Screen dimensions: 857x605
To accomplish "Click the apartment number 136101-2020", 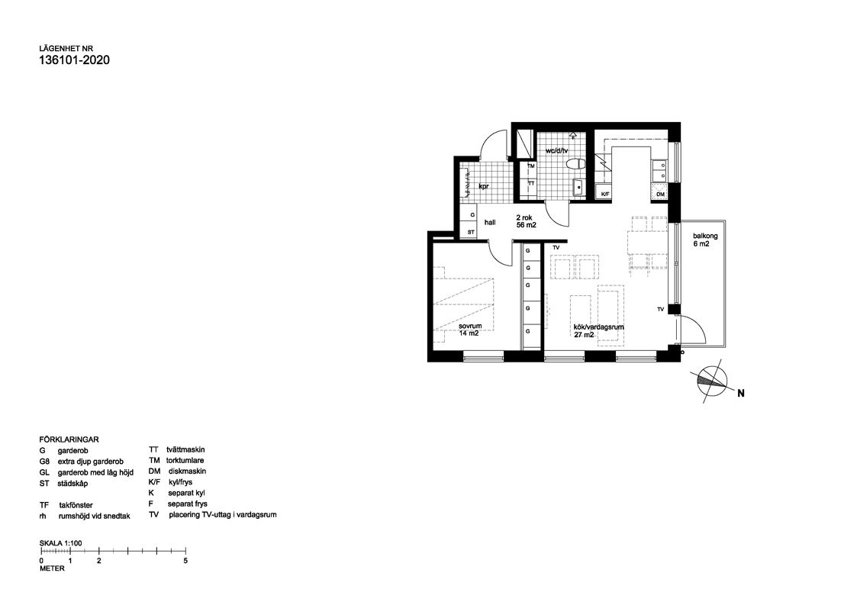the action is [74, 60].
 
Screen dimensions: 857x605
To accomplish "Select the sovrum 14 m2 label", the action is [470, 330].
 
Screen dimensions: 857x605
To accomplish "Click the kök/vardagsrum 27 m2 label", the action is [598, 331].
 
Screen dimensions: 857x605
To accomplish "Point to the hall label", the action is [490, 223].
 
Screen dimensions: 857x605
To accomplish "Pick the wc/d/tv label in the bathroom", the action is [556, 150].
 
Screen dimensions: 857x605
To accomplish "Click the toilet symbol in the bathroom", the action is [575, 163].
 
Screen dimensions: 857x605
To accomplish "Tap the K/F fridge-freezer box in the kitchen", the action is [605, 193].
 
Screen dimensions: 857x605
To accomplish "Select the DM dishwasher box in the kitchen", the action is [660, 194].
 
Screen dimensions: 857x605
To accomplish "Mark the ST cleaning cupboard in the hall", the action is [469, 232].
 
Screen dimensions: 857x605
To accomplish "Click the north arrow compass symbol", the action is [713, 381].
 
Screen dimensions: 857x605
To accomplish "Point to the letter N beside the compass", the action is [740, 393].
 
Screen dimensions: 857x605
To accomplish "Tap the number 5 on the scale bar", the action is [186, 560].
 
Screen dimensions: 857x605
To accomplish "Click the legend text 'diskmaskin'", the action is [188, 471].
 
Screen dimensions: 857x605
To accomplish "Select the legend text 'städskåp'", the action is [72, 484].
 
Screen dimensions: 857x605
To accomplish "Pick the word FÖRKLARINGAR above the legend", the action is [69, 439].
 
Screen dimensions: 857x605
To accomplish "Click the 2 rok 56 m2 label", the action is [526, 221].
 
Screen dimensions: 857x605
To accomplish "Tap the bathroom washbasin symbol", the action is [578, 187].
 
